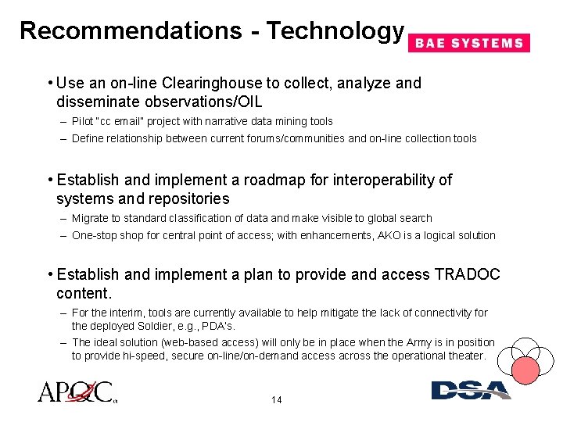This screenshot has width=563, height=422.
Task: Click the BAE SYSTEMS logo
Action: [469, 43]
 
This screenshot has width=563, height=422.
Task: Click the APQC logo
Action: [77, 392]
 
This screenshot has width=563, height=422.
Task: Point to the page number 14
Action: [276, 400]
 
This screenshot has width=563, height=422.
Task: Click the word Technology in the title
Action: [335, 30]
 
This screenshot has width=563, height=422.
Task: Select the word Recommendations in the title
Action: [131, 30]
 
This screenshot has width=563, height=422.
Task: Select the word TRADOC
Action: [467, 274]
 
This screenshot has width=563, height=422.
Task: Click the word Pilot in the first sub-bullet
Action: [81, 121]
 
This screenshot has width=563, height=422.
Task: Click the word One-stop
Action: [95, 235]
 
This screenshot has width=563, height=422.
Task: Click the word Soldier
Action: [145, 325]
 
